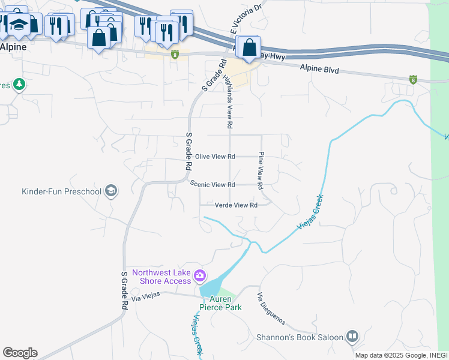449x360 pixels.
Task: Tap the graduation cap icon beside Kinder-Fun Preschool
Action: (x=110, y=191)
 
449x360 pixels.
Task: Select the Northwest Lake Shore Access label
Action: (x=161, y=277)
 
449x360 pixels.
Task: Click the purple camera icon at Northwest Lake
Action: (x=200, y=277)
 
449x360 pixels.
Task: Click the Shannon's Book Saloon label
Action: (x=299, y=337)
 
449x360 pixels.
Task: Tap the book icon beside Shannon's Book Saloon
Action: (x=352, y=337)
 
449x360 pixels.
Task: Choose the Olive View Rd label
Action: (x=215, y=157)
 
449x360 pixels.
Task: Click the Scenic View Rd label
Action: (x=212, y=185)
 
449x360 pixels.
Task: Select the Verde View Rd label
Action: (x=236, y=205)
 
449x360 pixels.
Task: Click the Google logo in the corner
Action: (x=20, y=353)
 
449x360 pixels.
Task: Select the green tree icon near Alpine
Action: (x=19, y=84)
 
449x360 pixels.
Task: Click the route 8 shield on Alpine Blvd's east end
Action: (x=413, y=79)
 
